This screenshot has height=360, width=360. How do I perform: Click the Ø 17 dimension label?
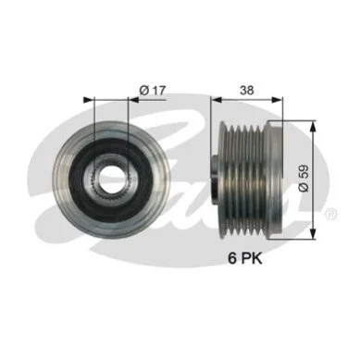[x=153, y=91]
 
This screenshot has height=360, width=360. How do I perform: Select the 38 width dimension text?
[x=247, y=91]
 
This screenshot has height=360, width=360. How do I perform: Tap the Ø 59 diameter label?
[x=304, y=179]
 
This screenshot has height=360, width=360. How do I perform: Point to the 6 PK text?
[x=245, y=258]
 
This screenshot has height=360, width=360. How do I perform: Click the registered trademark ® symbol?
[x=331, y=214]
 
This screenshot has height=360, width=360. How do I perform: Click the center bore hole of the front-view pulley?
[x=111, y=179]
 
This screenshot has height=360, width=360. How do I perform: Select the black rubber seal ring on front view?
[x=81, y=179]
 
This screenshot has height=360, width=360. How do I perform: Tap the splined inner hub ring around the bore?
[x=111, y=179]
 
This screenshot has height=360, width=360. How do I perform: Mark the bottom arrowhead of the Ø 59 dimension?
[x=313, y=234]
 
